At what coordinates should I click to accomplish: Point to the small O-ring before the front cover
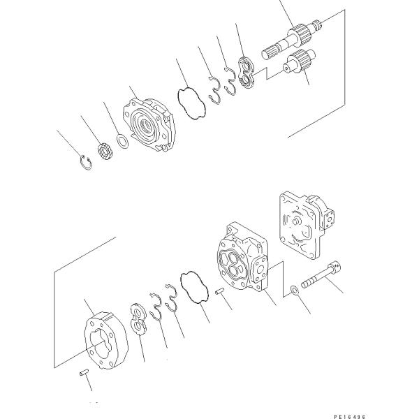(x=121, y=142)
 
